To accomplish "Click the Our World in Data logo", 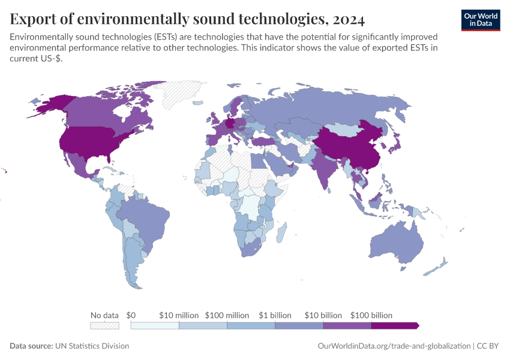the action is coord(481,20).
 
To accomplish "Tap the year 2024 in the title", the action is coord(349,19).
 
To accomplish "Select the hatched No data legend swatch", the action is coord(104,326).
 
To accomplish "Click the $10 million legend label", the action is coord(179,316).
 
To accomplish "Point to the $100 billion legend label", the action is coord(371,316).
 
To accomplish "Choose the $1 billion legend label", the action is coord(275,316).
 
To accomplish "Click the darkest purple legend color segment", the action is coord(395,326).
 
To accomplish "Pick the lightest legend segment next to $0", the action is coord(155,326).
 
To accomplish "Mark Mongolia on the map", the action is coord(341,129).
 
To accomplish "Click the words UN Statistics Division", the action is coord(92,346).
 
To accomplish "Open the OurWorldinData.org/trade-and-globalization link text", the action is coord(394,346).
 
